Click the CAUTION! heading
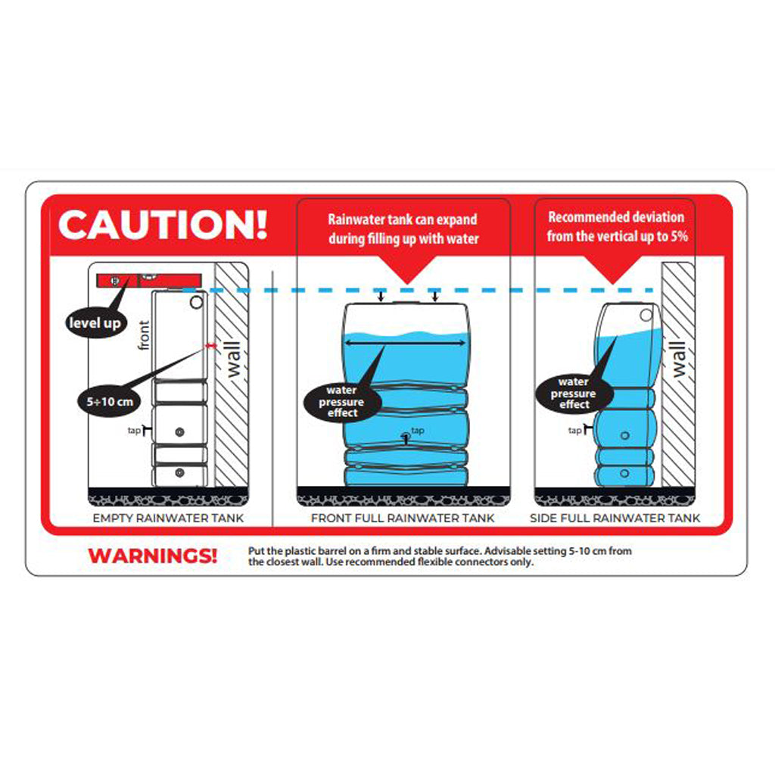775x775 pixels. point(163,225)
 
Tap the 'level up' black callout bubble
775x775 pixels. point(95,323)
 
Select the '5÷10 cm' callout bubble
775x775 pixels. point(109,402)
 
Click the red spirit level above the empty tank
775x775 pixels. point(149,281)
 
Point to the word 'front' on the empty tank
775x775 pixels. point(144,335)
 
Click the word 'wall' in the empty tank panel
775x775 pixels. point(233,359)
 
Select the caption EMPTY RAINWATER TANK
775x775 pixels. point(169,518)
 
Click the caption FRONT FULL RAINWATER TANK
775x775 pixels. point(403,518)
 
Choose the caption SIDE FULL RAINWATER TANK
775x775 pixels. point(615,518)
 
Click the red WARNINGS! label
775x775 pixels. point(153,556)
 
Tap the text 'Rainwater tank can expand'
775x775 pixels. point(403,219)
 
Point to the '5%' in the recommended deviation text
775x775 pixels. point(679,236)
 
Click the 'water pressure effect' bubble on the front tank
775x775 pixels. point(341,401)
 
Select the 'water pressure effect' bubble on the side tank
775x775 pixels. point(574,394)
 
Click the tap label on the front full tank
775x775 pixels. point(418,431)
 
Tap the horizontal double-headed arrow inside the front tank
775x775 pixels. point(406,343)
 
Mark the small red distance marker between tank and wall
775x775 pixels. point(211,347)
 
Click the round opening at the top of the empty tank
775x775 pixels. point(196,302)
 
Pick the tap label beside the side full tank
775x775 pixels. point(575,431)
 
